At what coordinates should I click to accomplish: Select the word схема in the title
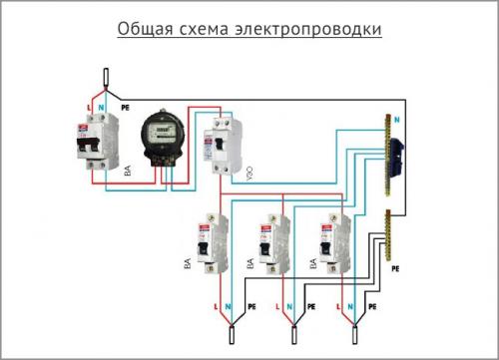[x=212, y=29]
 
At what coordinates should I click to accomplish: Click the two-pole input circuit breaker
[x=96, y=145]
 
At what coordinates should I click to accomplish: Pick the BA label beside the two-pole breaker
[x=126, y=173]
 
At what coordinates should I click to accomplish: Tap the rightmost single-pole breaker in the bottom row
[x=328, y=241]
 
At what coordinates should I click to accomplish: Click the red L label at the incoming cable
[x=91, y=105]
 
